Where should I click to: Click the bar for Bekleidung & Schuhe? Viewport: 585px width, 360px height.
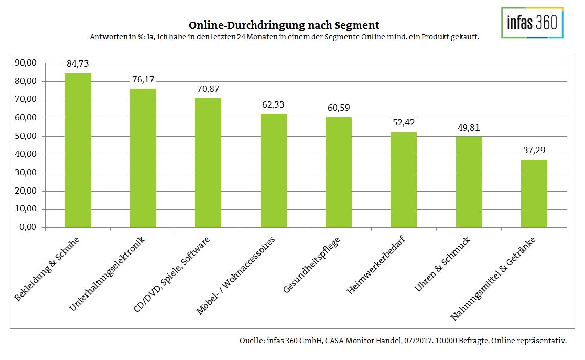(78, 151)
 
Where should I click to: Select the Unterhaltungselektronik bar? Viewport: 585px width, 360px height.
(143, 158)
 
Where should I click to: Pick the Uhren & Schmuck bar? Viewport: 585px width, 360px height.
(469, 182)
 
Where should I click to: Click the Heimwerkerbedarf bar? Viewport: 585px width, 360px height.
(403, 180)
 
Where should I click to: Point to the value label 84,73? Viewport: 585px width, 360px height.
(78, 64)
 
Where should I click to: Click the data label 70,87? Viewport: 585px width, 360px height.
(208, 89)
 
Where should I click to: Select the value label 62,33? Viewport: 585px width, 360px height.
(273, 104)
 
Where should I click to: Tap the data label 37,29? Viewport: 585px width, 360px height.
(534, 151)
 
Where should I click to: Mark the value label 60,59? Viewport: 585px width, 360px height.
(338, 108)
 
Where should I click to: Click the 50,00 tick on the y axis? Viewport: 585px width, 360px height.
(28, 136)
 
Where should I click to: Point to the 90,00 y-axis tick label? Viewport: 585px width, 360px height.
(28, 63)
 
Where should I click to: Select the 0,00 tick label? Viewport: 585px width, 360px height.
(30, 227)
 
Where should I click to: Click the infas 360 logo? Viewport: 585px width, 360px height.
(532, 23)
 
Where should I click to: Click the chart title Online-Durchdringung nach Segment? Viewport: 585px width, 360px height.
(284, 25)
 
